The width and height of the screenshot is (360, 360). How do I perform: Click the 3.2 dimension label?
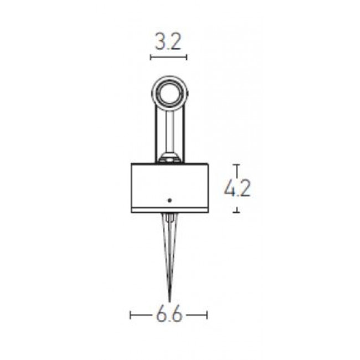point(168,42)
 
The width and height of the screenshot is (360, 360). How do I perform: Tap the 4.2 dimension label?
point(237,188)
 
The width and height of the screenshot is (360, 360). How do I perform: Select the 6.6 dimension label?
point(169,315)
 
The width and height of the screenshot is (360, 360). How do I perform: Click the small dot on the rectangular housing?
point(169,200)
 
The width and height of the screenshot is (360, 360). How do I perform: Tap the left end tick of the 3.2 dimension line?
point(151,57)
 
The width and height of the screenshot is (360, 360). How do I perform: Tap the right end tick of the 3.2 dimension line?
point(187,57)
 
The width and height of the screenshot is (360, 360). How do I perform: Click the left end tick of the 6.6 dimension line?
point(130,315)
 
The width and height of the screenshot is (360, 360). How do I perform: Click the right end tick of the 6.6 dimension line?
point(207,315)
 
